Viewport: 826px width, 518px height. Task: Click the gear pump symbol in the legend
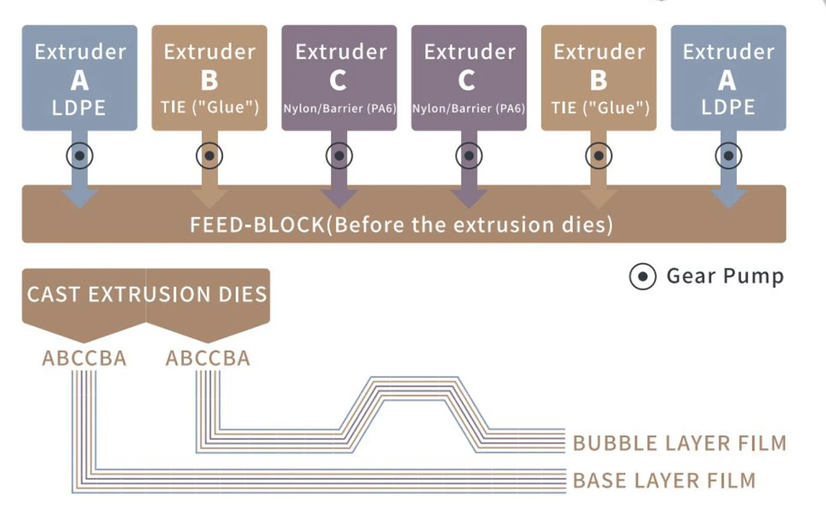tap(643, 276)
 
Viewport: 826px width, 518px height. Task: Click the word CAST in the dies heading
tap(52, 294)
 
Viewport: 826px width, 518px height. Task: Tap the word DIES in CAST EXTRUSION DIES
tap(243, 294)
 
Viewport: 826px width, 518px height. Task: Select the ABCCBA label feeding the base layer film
tap(84, 358)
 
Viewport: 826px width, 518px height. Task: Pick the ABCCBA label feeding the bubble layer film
tap(208, 358)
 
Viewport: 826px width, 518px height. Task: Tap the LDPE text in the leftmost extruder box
tap(79, 108)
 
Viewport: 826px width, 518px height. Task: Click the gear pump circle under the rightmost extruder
tap(729, 156)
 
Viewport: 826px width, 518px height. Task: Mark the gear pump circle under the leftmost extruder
tap(80, 156)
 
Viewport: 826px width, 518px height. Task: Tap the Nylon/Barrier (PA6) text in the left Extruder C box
tap(340, 109)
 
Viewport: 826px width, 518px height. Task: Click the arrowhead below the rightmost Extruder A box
tap(729, 198)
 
